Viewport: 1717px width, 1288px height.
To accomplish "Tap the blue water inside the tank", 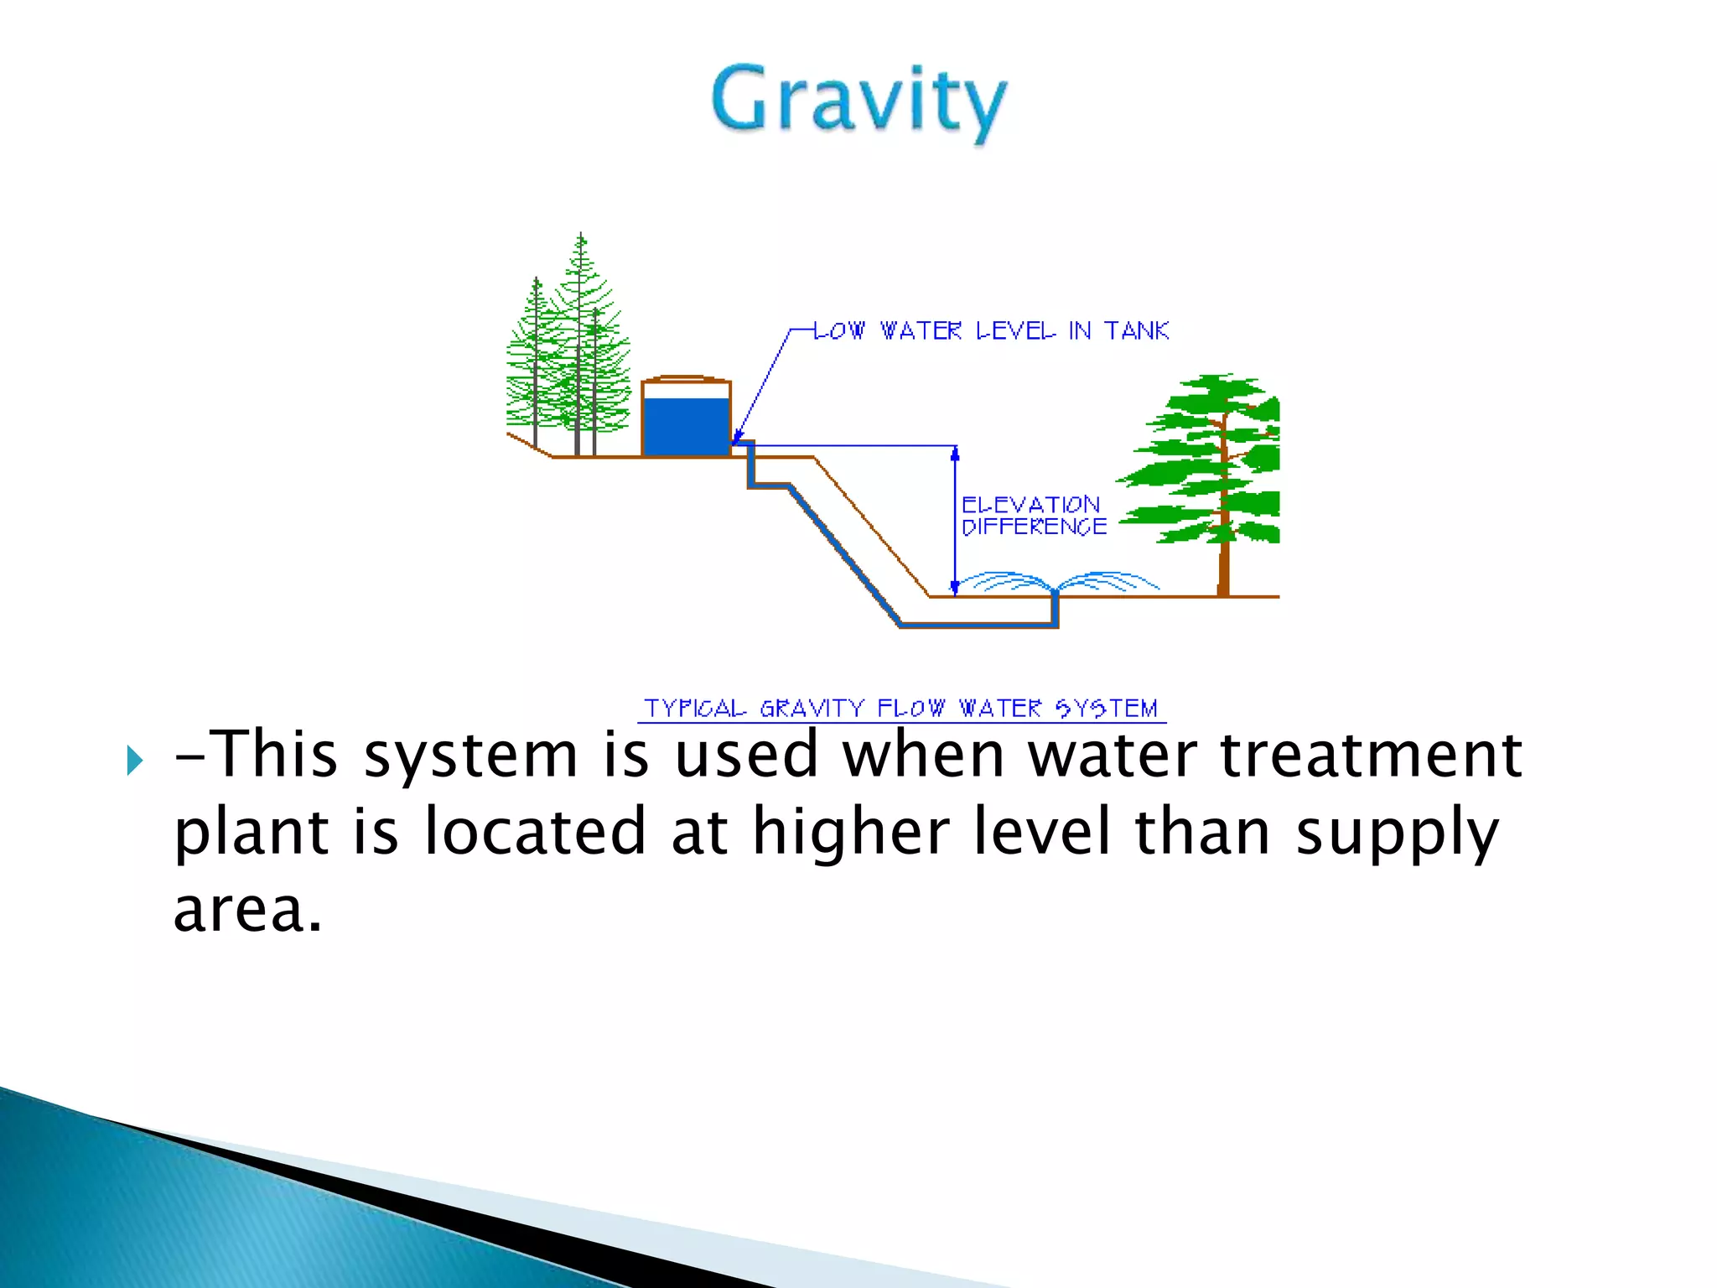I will click(686, 426).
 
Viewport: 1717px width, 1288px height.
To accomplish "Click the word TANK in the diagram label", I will click(1136, 331).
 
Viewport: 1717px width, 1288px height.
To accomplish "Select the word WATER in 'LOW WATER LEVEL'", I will click(921, 331).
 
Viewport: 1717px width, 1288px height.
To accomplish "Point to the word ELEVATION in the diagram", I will click(1030, 505).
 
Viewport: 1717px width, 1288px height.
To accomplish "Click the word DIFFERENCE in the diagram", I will click(1034, 527).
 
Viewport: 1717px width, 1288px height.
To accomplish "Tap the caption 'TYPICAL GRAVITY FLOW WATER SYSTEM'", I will click(901, 709).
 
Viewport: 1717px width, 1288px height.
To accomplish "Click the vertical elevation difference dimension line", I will click(955, 520).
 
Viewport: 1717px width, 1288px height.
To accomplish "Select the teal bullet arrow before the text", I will click(135, 761).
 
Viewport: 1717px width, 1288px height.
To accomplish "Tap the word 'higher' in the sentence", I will click(850, 832).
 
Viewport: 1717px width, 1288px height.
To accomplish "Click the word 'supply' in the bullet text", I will click(1396, 832).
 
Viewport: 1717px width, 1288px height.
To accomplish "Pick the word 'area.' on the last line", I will click(247, 910).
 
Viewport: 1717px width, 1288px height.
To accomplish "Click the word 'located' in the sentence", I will click(534, 832).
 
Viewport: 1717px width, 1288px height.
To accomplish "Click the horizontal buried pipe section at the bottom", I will click(977, 625).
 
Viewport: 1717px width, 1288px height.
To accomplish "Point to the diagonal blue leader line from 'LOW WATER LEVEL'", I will click(763, 386).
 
